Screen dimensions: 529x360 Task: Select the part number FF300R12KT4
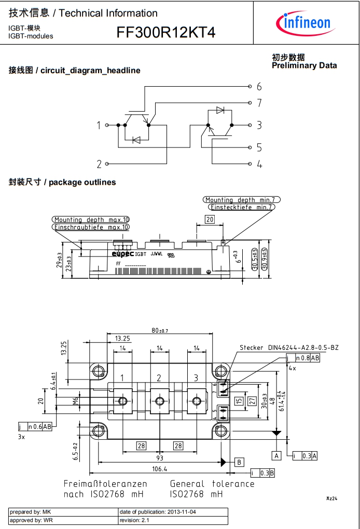166,33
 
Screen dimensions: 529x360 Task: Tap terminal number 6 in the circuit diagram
259,86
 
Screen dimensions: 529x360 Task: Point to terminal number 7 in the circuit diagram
259,103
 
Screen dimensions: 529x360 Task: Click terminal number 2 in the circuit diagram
99,164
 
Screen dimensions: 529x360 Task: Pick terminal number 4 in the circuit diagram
259,164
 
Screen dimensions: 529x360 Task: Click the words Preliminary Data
304,65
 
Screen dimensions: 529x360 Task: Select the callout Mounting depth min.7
242,200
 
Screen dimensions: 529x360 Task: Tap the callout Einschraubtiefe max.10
91,227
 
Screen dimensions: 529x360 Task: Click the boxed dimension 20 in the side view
209,219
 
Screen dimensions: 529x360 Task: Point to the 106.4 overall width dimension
159,469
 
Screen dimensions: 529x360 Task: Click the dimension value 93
159,458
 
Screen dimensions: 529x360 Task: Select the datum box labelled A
277,455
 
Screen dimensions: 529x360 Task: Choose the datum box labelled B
239,462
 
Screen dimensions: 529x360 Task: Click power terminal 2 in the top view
159,378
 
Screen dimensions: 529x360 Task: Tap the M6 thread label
75,400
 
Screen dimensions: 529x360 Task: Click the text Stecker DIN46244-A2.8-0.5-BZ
288,347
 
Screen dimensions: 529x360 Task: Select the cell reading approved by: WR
63,520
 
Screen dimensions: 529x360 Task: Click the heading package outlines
82,182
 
